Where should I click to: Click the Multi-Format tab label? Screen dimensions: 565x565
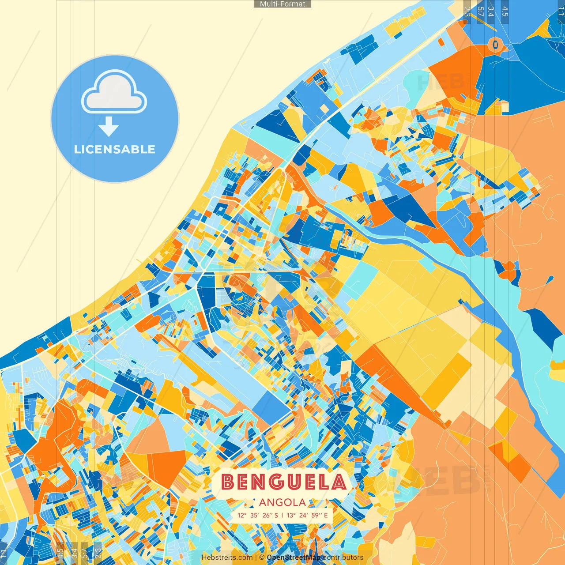(x=282, y=4)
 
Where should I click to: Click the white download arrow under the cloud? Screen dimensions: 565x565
(x=109, y=127)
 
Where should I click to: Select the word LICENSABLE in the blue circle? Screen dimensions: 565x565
(x=115, y=149)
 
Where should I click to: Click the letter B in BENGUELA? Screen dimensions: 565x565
(x=228, y=482)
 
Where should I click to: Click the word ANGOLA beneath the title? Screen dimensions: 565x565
(x=282, y=502)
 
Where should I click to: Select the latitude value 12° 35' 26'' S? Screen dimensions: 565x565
(x=258, y=515)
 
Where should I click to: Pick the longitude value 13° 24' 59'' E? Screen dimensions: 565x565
(x=307, y=515)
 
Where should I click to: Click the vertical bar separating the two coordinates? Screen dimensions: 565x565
(x=282, y=515)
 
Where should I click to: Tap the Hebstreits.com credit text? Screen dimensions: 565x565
(x=227, y=557)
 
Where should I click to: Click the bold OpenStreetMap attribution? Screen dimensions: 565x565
(x=294, y=557)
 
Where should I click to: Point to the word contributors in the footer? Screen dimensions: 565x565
(x=343, y=557)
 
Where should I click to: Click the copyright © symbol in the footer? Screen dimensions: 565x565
(x=262, y=557)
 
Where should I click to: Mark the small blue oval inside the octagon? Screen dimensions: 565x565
(x=495, y=44)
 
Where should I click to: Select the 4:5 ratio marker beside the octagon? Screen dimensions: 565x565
(x=505, y=11)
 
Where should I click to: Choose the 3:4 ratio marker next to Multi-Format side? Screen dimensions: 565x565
(x=490, y=11)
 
